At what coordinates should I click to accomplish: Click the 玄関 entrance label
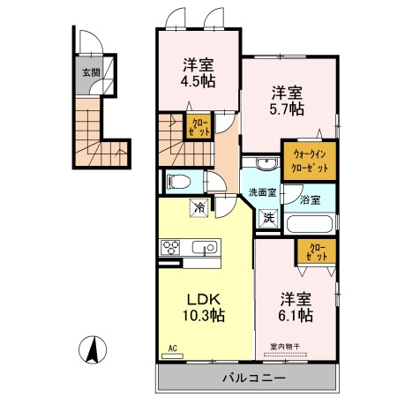(x=91, y=73)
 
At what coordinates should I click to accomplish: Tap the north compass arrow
(x=90, y=348)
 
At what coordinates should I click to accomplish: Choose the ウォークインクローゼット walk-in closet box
(x=308, y=161)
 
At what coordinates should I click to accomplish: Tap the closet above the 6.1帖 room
(x=315, y=252)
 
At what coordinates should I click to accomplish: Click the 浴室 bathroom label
(x=311, y=200)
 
